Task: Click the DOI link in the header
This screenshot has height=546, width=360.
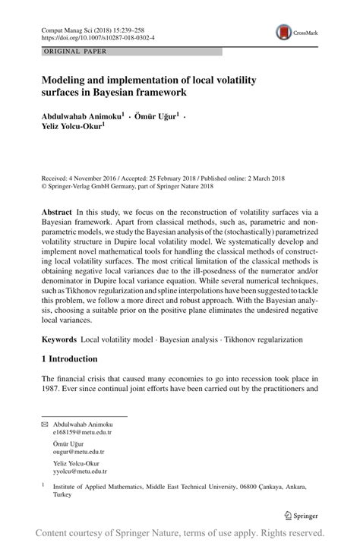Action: tap(89, 36)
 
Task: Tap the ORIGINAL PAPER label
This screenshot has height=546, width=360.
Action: tap(66, 52)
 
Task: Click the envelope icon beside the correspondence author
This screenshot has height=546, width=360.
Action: tap(44, 424)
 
